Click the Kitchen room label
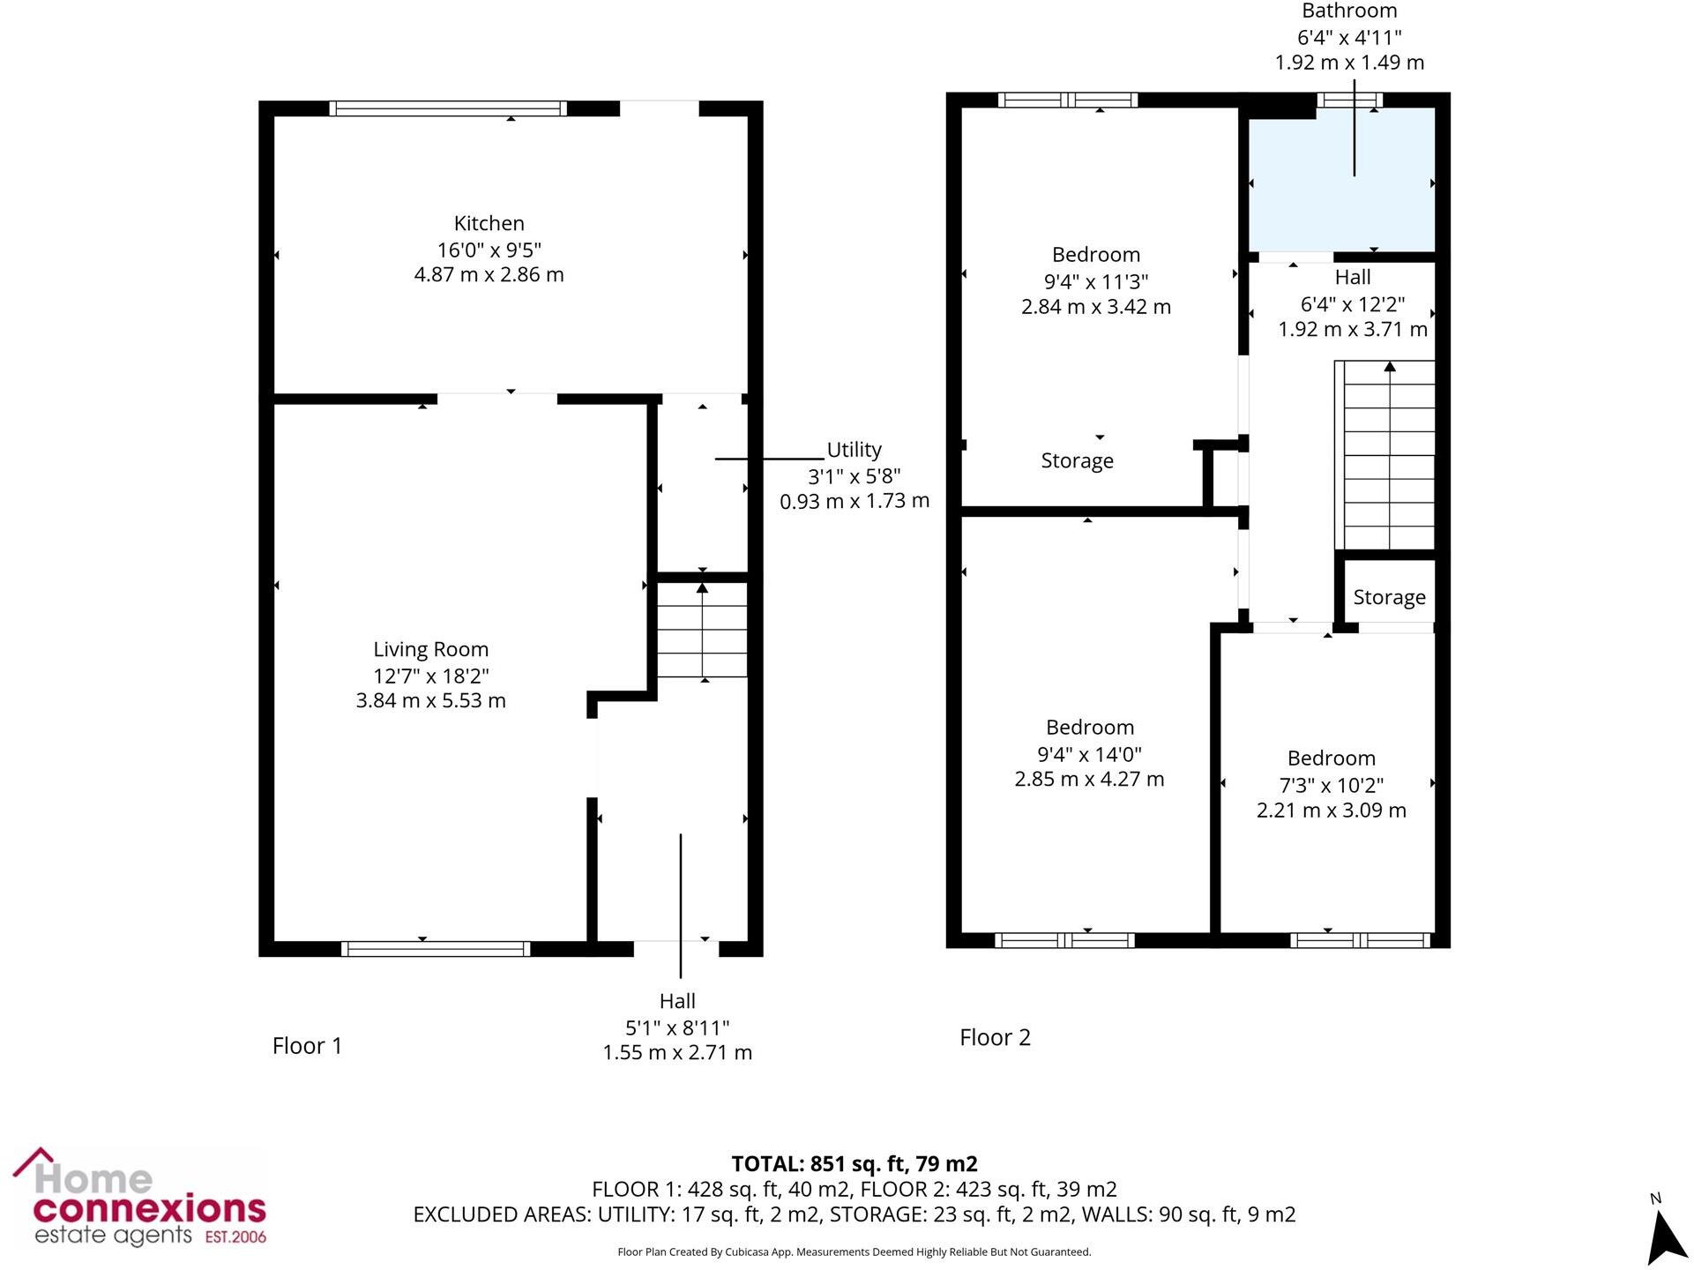click(x=489, y=223)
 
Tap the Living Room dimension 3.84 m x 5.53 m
click(x=430, y=700)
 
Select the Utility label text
click(x=854, y=450)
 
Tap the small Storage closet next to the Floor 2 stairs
click(x=1389, y=597)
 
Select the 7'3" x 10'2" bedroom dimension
click(x=1331, y=785)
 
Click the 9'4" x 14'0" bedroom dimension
click(x=1089, y=754)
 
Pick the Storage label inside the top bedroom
click(x=1077, y=460)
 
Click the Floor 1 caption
click(x=307, y=1046)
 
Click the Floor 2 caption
click(x=995, y=1037)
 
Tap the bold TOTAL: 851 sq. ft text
click(x=854, y=1164)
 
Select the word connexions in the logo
click(x=149, y=1208)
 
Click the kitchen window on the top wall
click(x=448, y=108)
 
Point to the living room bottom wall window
click(x=436, y=949)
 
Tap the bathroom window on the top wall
click(x=1349, y=100)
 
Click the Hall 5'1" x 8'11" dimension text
click(x=677, y=1027)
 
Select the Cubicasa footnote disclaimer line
click(x=854, y=1251)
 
